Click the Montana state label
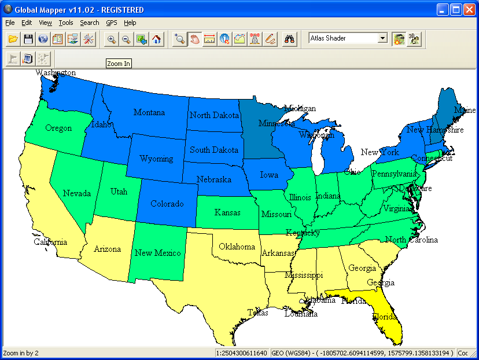pyautogui.click(x=149, y=112)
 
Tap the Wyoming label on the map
pyautogui.click(x=156, y=159)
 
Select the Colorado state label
pyautogui.click(x=167, y=204)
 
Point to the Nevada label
pyautogui.click(x=77, y=193)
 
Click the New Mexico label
pyautogui.click(x=157, y=253)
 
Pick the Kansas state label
pyautogui.click(x=227, y=212)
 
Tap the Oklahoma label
pyautogui.click(x=237, y=247)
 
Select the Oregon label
pyautogui.click(x=58, y=128)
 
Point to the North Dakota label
pyautogui.click(x=214, y=115)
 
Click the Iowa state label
pyautogui.click(x=268, y=175)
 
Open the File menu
pyautogui.click(x=10, y=23)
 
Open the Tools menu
pyautogui.click(x=66, y=23)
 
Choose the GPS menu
pyautogui.click(x=112, y=23)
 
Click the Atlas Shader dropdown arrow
pyautogui.click(x=382, y=38)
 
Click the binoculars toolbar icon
pyautogui.click(x=289, y=39)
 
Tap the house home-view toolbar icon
pyautogui.click(x=156, y=39)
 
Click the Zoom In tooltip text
pyautogui.click(x=119, y=64)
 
